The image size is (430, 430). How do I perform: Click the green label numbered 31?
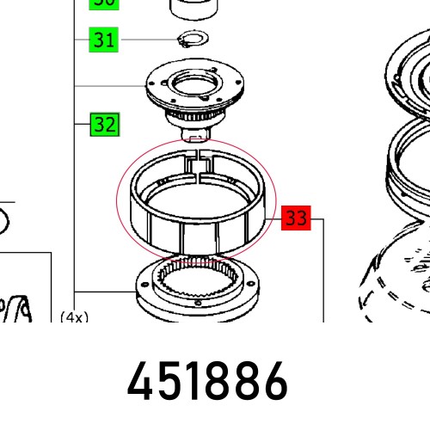point(104,40)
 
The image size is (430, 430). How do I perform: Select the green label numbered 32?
point(104,125)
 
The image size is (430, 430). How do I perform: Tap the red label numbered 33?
point(295,218)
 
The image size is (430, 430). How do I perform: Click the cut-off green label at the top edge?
point(104,3)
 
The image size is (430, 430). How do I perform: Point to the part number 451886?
point(207,380)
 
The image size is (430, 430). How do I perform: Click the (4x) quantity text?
point(74,316)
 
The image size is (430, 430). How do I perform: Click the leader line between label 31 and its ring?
point(146,40)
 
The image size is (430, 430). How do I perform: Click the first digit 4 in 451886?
point(142,380)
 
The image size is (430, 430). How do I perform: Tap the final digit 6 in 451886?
point(273,380)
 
